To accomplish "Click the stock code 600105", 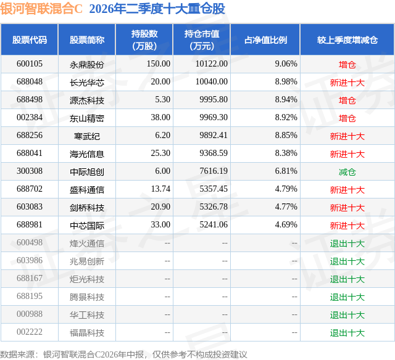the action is point(30,64).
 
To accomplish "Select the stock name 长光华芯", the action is point(87,83).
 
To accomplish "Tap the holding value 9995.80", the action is point(214,100).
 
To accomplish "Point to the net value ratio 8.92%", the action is point(286,118).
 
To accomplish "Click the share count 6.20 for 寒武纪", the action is point(163,136).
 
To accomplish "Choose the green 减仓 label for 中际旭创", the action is point(347,172).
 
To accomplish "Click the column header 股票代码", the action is point(30,40).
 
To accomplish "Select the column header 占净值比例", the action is point(265,40).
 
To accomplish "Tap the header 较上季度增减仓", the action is point(347,40).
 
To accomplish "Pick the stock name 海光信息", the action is point(87,154).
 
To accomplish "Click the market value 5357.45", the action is point(214,189).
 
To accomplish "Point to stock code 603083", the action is point(30,207).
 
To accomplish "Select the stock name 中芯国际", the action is point(87,226).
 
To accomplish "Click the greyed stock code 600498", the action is point(30,242).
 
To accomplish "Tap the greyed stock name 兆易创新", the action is point(87,261).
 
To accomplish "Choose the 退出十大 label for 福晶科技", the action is point(347,333).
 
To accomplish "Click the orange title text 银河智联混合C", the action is point(41,9).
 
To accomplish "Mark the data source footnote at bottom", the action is point(123,354).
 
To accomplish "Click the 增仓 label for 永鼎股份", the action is point(347,65).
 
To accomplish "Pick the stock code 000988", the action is point(30,314).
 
